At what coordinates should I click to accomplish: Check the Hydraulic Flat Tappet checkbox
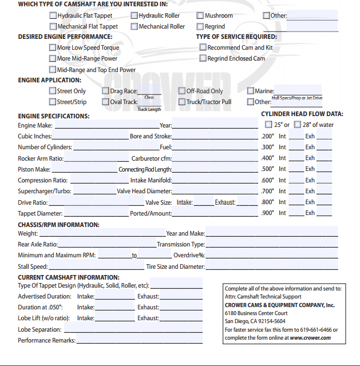[53, 15]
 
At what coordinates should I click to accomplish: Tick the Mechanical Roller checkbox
[134, 26]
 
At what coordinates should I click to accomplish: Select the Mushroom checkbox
[200, 15]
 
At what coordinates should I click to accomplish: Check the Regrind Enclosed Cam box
[203, 58]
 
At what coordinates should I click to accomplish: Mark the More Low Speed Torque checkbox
[53, 48]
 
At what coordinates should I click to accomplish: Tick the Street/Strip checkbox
[53, 102]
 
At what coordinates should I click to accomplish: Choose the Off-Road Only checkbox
[182, 91]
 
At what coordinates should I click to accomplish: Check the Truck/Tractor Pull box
[182, 102]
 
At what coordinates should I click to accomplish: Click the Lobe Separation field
[132, 330]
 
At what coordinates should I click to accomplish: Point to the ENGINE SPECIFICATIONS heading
[54, 116]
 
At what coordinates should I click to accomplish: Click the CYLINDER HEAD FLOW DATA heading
[302, 114]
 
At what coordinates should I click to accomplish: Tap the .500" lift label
[267, 169]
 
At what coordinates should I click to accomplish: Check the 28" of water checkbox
[298, 125]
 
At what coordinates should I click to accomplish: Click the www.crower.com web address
[310, 338]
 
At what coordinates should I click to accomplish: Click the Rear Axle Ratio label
[38, 244]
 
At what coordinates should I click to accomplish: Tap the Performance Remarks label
[46, 341]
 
